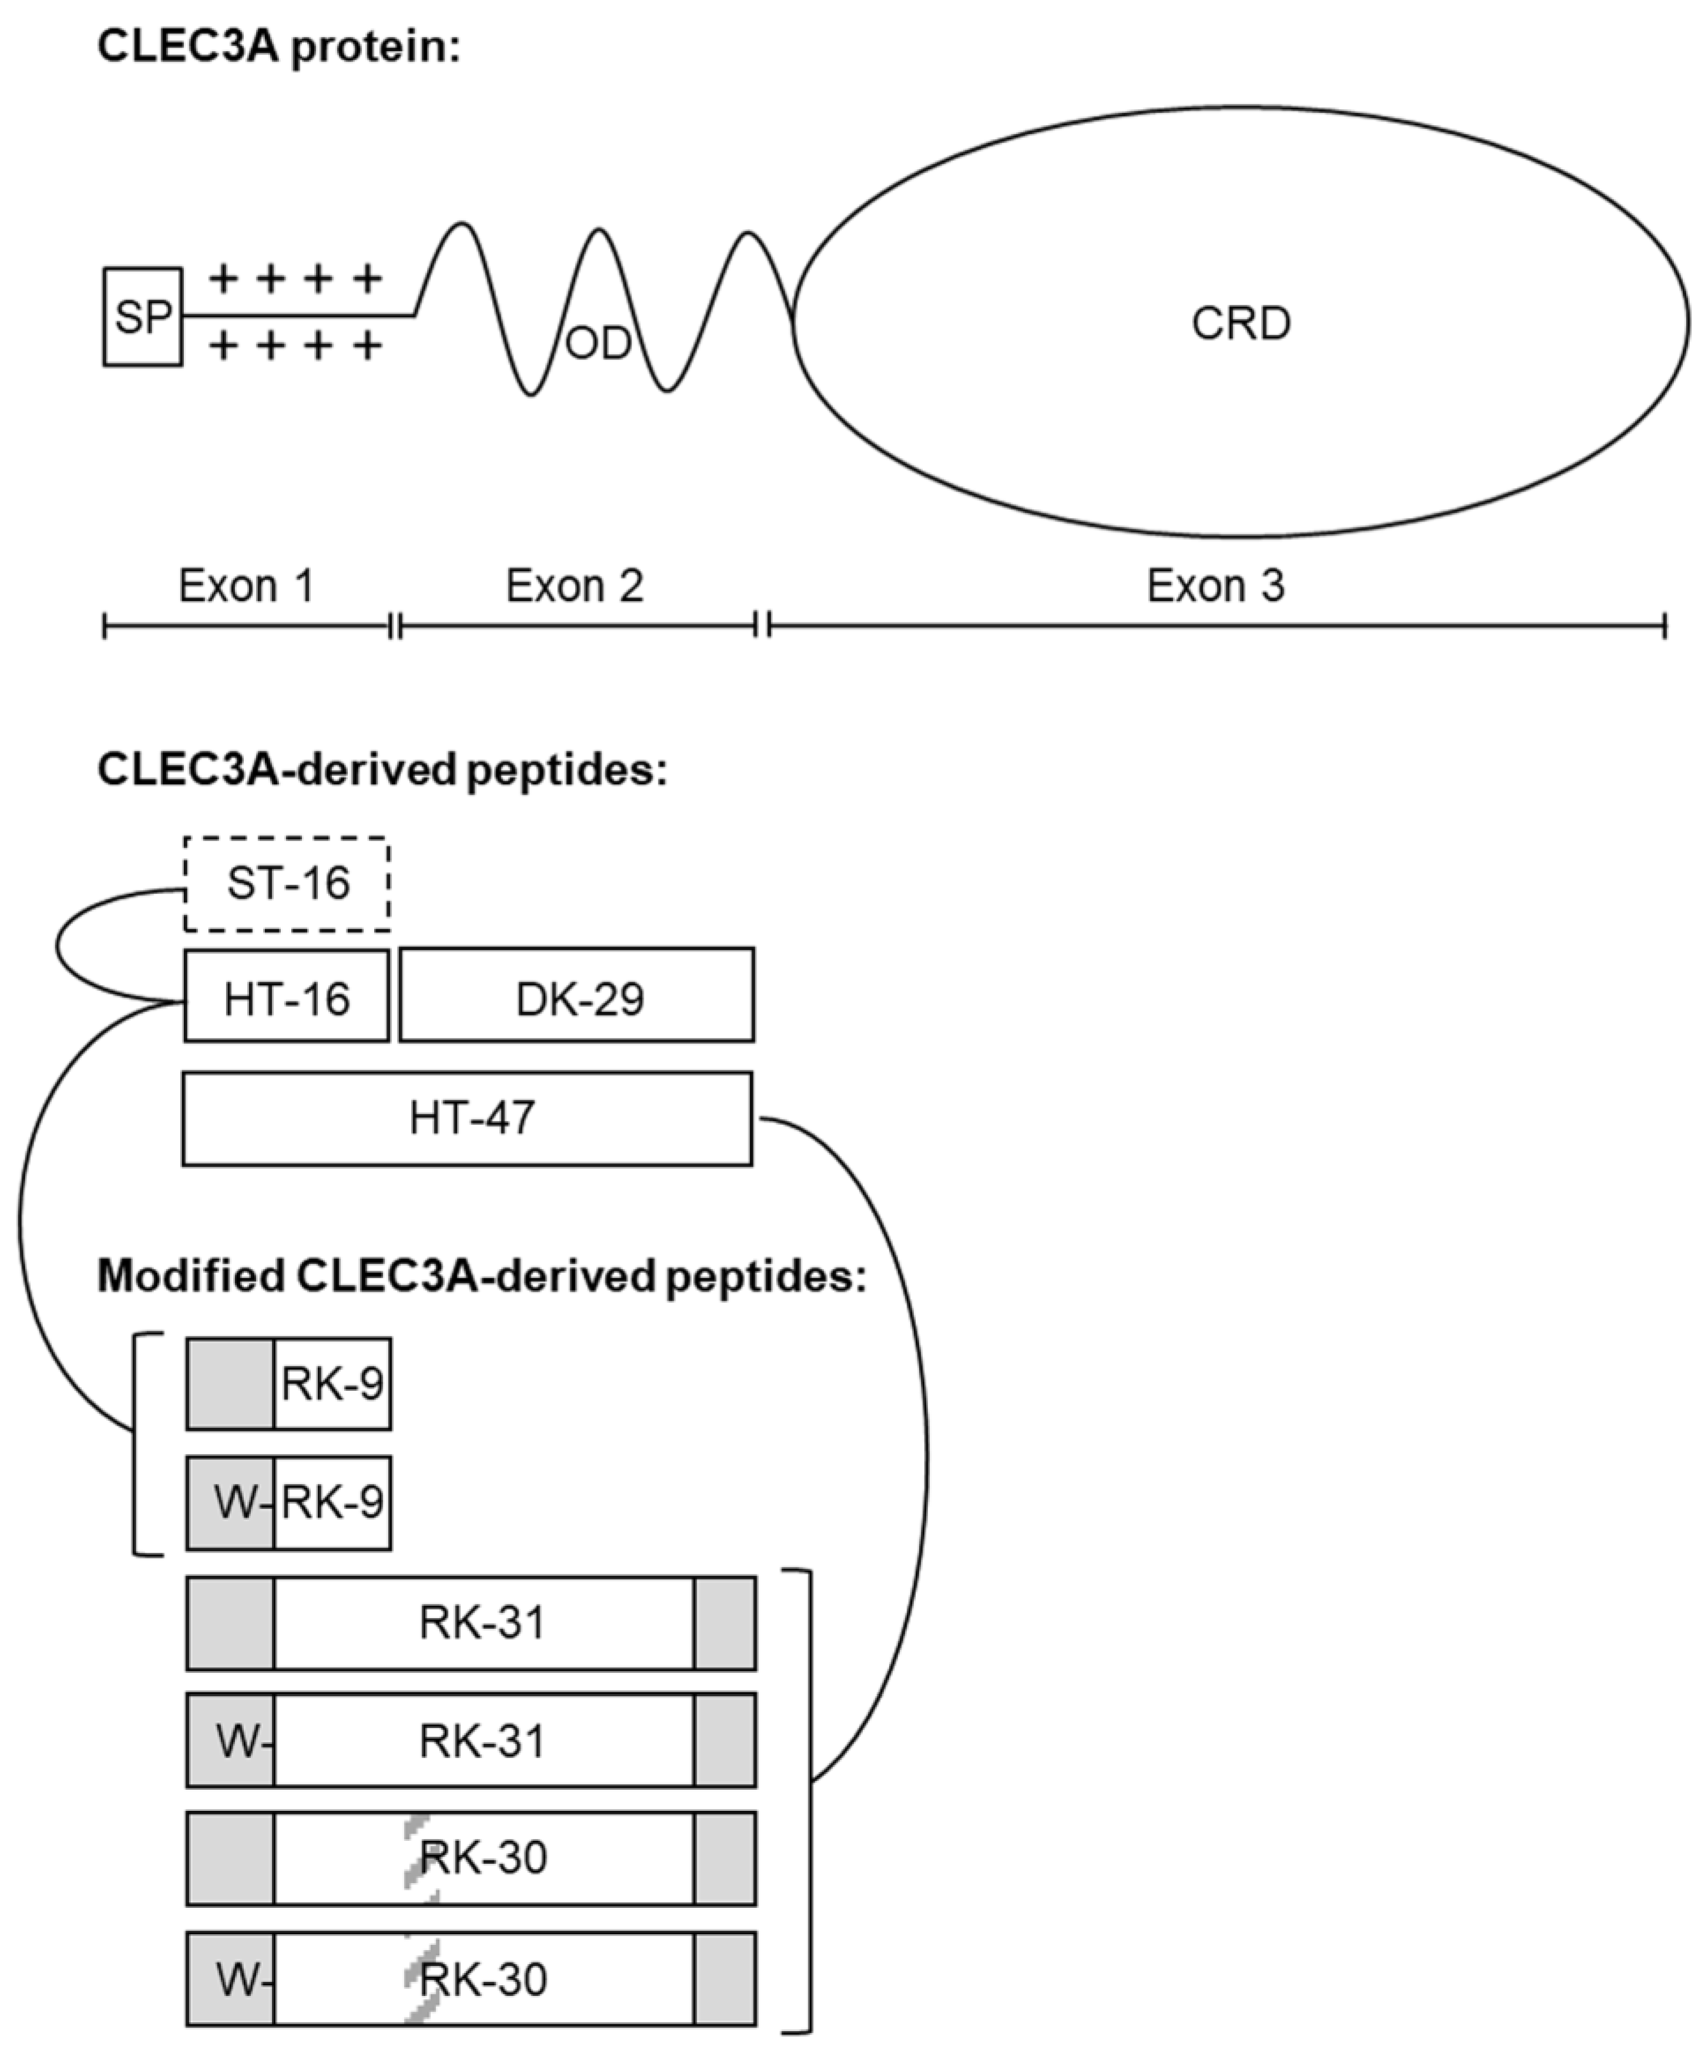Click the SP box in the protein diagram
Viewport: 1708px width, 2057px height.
143,317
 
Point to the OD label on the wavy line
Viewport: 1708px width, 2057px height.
599,344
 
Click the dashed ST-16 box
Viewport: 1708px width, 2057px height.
287,883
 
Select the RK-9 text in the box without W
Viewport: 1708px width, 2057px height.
332,1384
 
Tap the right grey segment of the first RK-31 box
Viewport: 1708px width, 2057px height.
725,1623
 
